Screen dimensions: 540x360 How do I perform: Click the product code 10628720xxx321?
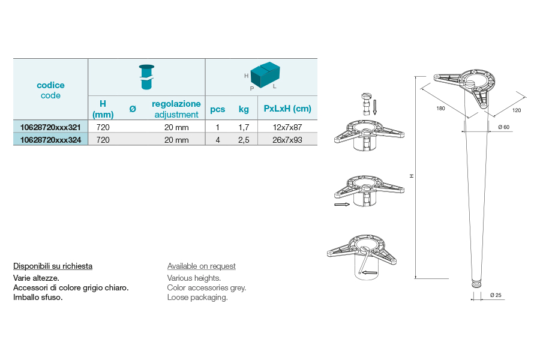(x=50, y=127)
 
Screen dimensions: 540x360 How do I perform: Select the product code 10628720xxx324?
(x=50, y=140)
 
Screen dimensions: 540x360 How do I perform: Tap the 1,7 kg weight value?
(x=244, y=127)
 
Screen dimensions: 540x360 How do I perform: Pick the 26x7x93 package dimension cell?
(x=287, y=140)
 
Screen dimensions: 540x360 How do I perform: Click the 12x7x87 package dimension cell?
(x=287, y=127)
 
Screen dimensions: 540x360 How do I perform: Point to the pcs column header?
(x=217, y=110)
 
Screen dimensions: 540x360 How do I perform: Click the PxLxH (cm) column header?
(x=287, y=109)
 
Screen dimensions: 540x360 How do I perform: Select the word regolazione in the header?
(x=176, y=104)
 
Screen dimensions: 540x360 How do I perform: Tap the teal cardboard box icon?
(x=265, y=75)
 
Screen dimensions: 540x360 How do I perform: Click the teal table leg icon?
(x=147, y=77)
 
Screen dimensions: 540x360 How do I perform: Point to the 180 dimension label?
(x=440, y=109)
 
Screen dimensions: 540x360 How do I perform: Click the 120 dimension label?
(x=517, y=110)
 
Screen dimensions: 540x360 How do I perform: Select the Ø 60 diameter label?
(x=503, y=127)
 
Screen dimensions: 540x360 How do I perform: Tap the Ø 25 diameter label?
(x=496, y=295)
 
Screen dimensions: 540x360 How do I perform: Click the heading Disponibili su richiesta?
(x=53, y=266)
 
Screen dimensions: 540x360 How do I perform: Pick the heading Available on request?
(x=202, y=266)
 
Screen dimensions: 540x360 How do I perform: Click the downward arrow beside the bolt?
(x=374, y=107)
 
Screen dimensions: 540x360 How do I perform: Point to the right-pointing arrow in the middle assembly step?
(x=342, y=205)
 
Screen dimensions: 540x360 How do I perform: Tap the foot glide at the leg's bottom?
(x=476, y=284)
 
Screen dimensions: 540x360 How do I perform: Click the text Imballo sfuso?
(x=38, y=298)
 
